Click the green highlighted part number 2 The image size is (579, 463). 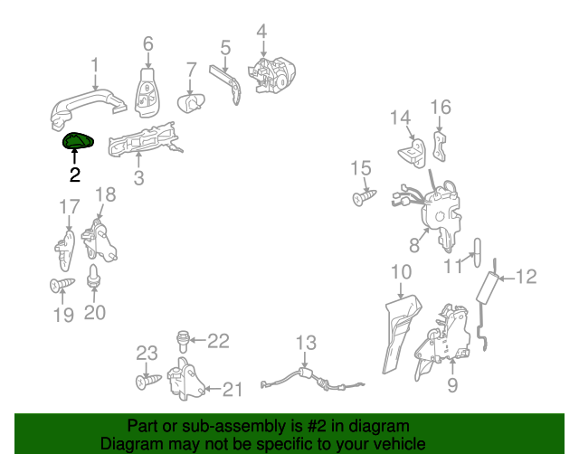pos(78,140)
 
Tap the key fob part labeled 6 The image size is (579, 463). pos(147,92)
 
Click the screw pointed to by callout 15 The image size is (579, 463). pos(365,197)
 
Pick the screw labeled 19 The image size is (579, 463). pos(62,285)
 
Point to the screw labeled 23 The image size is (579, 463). pos(148,382)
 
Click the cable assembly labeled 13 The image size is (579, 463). pos(312,381)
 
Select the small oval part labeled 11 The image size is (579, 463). pos(477,252)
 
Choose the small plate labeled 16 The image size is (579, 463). pos(440,146)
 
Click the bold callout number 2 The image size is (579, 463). pos(75,175)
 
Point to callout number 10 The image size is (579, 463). pos(401,272)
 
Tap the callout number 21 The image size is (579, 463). pos(233,390)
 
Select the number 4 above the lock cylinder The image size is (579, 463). pos(261,32)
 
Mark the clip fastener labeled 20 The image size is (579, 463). pos(94,277)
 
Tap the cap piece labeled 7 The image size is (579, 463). pos(191,103)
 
